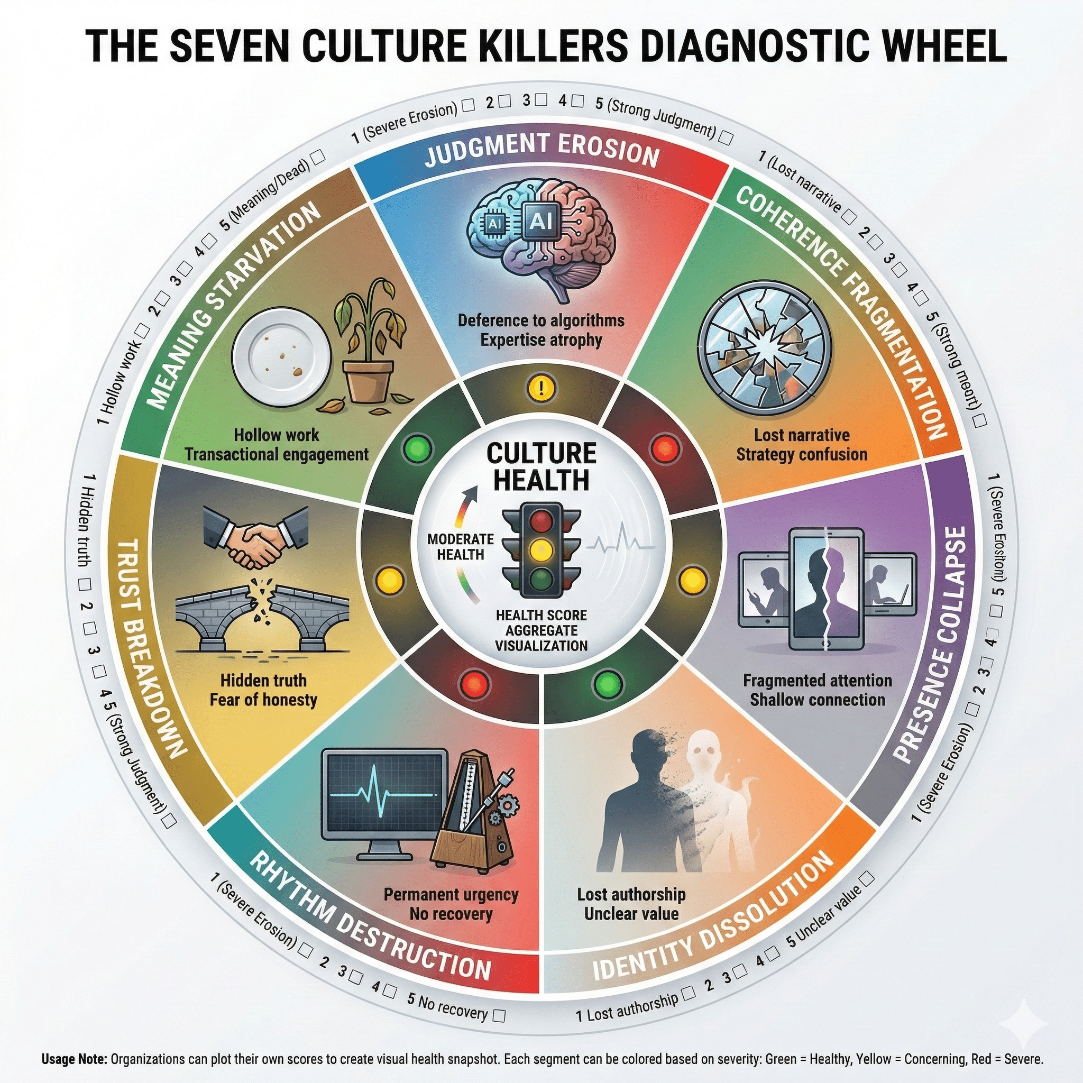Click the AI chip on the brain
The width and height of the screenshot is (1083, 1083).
point(540,222)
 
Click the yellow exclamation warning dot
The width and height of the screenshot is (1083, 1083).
point(541,389)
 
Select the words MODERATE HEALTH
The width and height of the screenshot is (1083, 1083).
point(460,547)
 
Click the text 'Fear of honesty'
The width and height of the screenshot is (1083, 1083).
point(263,700)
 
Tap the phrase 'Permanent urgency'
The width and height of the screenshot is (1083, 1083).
point(451,895)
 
